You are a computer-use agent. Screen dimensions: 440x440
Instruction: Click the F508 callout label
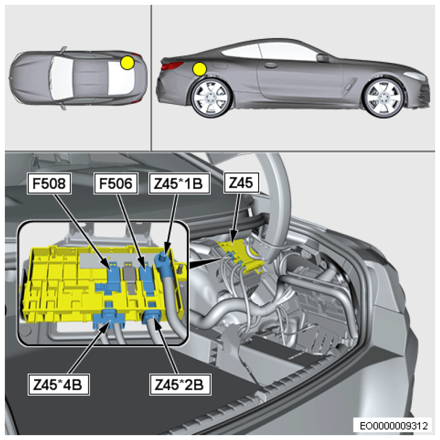coord(49,183)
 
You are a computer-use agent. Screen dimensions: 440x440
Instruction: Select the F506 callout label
coord(116,183)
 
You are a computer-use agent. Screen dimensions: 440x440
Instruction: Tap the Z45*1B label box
coord(179,183)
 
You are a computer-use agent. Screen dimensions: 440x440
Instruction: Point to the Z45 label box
coord(241,183)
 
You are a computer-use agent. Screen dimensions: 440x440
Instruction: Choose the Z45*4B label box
coord(58,384)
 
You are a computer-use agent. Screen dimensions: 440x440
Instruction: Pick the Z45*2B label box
coord(180,384)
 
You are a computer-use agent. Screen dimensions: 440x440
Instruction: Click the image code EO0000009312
coord(393,426)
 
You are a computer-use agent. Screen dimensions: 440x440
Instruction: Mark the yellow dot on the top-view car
coord(127,63)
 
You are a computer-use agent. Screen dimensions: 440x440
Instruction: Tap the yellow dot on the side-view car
coord(200,69)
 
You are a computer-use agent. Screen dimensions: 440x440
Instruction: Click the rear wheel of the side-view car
coord(211,97)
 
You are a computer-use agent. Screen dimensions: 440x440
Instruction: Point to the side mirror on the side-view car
coord(323,58)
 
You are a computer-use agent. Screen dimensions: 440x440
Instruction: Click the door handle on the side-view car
coord(270,65)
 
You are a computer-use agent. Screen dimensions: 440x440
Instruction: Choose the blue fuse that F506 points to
coord(146,278)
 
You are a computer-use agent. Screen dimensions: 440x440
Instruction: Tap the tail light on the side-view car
coord(172,67)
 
